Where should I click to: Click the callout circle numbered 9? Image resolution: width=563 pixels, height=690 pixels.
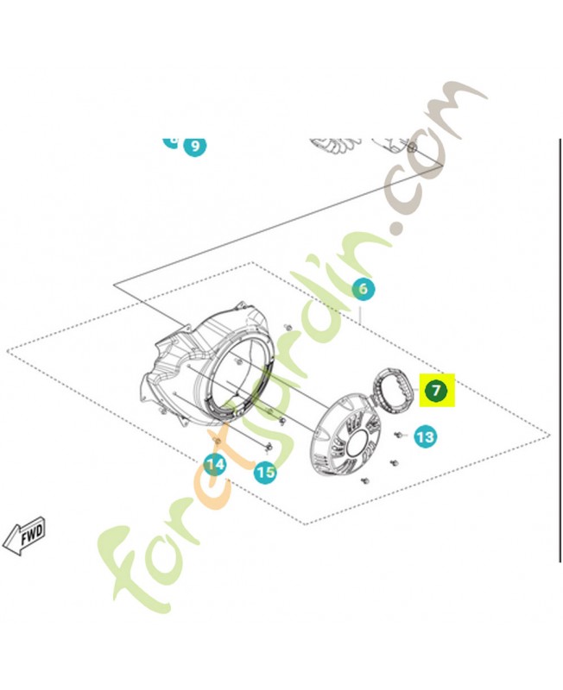coord(195,146)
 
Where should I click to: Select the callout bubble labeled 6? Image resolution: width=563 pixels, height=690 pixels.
coord(364,289)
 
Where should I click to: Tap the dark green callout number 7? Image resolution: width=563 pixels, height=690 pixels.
coord(437,392)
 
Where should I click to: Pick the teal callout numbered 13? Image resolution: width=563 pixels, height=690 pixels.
coord(425,437)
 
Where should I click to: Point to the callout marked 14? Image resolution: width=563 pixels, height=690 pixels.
coord(215,465)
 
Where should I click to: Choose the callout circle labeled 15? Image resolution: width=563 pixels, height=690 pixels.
coord(265,472)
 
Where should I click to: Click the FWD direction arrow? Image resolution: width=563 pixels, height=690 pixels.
coord(23,535)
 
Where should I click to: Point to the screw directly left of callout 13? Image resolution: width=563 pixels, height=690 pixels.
coord(400,433)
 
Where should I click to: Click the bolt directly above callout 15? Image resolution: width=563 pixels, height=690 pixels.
coord(269,447)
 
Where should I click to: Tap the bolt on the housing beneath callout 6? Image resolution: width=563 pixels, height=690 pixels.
coord(286,327)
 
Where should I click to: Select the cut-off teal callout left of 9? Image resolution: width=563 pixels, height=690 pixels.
coord(171,140)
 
